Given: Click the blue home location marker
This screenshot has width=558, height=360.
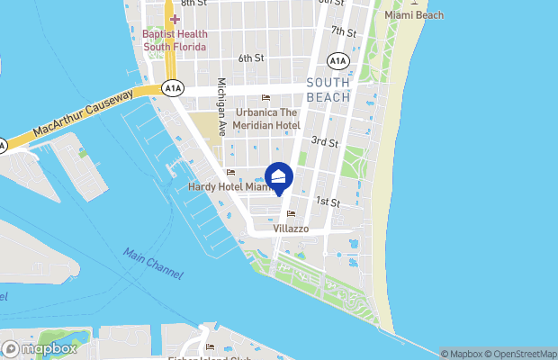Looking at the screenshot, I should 279,176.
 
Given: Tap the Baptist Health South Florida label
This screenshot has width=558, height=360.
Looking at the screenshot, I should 175,40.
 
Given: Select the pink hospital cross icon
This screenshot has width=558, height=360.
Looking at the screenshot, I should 175,19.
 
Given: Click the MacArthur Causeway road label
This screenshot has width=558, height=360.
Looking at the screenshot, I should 83,115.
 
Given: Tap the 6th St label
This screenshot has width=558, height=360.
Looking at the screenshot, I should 251,58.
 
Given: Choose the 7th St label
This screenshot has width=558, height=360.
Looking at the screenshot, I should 343,31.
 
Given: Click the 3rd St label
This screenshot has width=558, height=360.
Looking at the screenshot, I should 324,142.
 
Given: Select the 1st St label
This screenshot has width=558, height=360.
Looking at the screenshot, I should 328,203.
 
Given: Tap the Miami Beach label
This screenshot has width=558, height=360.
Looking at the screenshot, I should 414,16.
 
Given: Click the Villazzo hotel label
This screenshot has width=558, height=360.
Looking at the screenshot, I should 291,229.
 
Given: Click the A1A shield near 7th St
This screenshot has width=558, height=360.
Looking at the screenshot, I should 338,61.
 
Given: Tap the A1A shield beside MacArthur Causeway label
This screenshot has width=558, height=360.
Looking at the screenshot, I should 173,88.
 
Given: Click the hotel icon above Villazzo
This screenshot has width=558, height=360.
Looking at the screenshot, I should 291,214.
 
